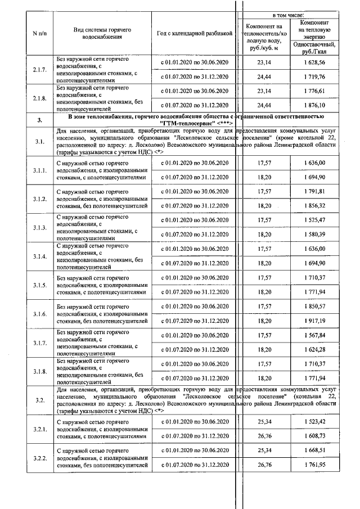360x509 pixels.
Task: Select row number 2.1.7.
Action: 39,70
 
